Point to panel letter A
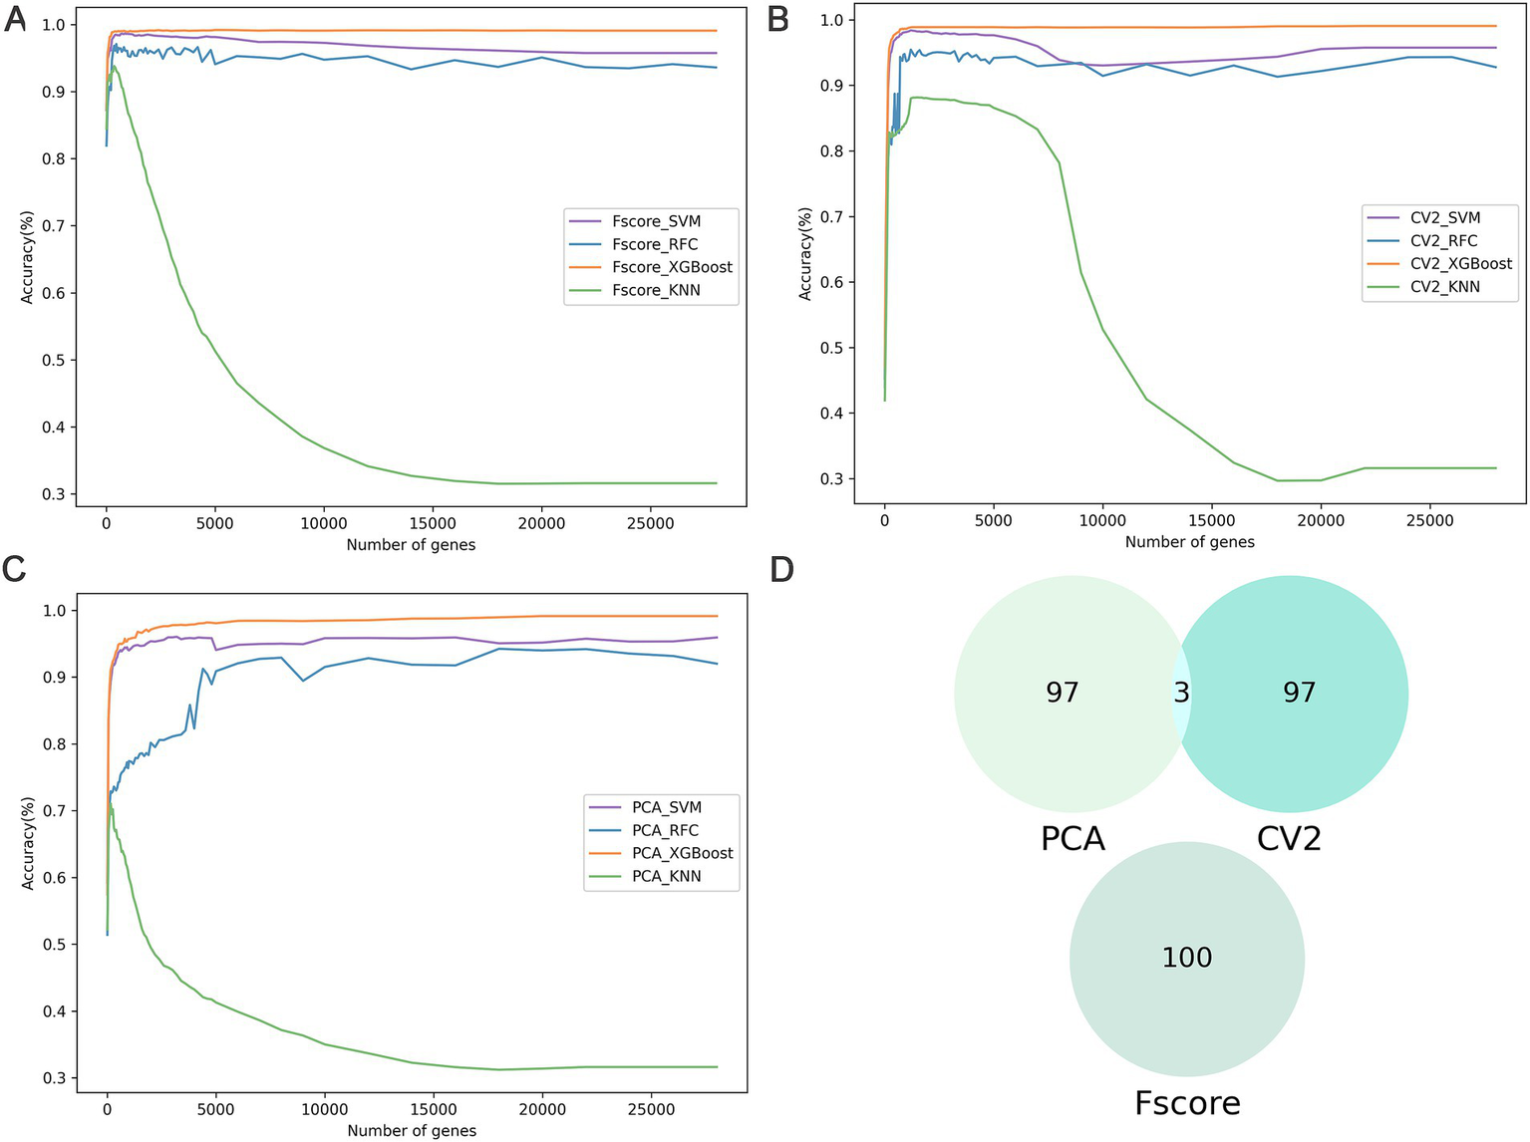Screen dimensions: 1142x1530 tap(15, 19)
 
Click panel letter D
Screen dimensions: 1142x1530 tap(782, 570)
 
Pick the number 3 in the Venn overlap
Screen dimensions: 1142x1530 tap(1181, 693)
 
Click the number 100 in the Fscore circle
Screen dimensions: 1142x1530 tap(1186, 958)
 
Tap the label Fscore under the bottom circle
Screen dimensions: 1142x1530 tap(1187, 1103)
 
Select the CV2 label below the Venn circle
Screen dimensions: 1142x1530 tap(1289, 838)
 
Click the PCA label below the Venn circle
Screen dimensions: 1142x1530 tap(1072, 838)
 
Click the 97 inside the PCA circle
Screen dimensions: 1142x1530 tap(1063, 693)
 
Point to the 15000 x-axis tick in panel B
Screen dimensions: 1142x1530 tap(1211, 521)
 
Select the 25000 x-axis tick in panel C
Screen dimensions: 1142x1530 tap(650, 1109)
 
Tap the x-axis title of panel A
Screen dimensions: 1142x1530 tap(411, 545)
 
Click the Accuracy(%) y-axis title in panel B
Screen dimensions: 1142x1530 tap(804, 254)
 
